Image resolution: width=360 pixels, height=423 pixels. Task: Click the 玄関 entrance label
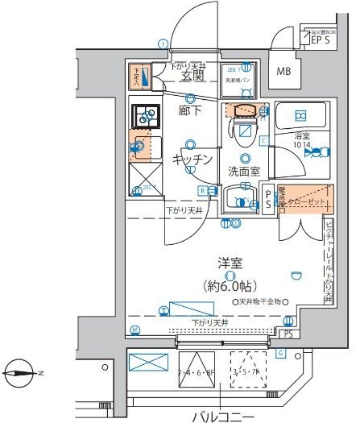click(191, 77)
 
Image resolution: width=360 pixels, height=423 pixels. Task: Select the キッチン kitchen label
click(192, 160)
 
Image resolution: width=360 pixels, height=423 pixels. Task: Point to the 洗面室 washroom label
click(242, 172)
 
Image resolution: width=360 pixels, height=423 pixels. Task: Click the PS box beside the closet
click(269, 201)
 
